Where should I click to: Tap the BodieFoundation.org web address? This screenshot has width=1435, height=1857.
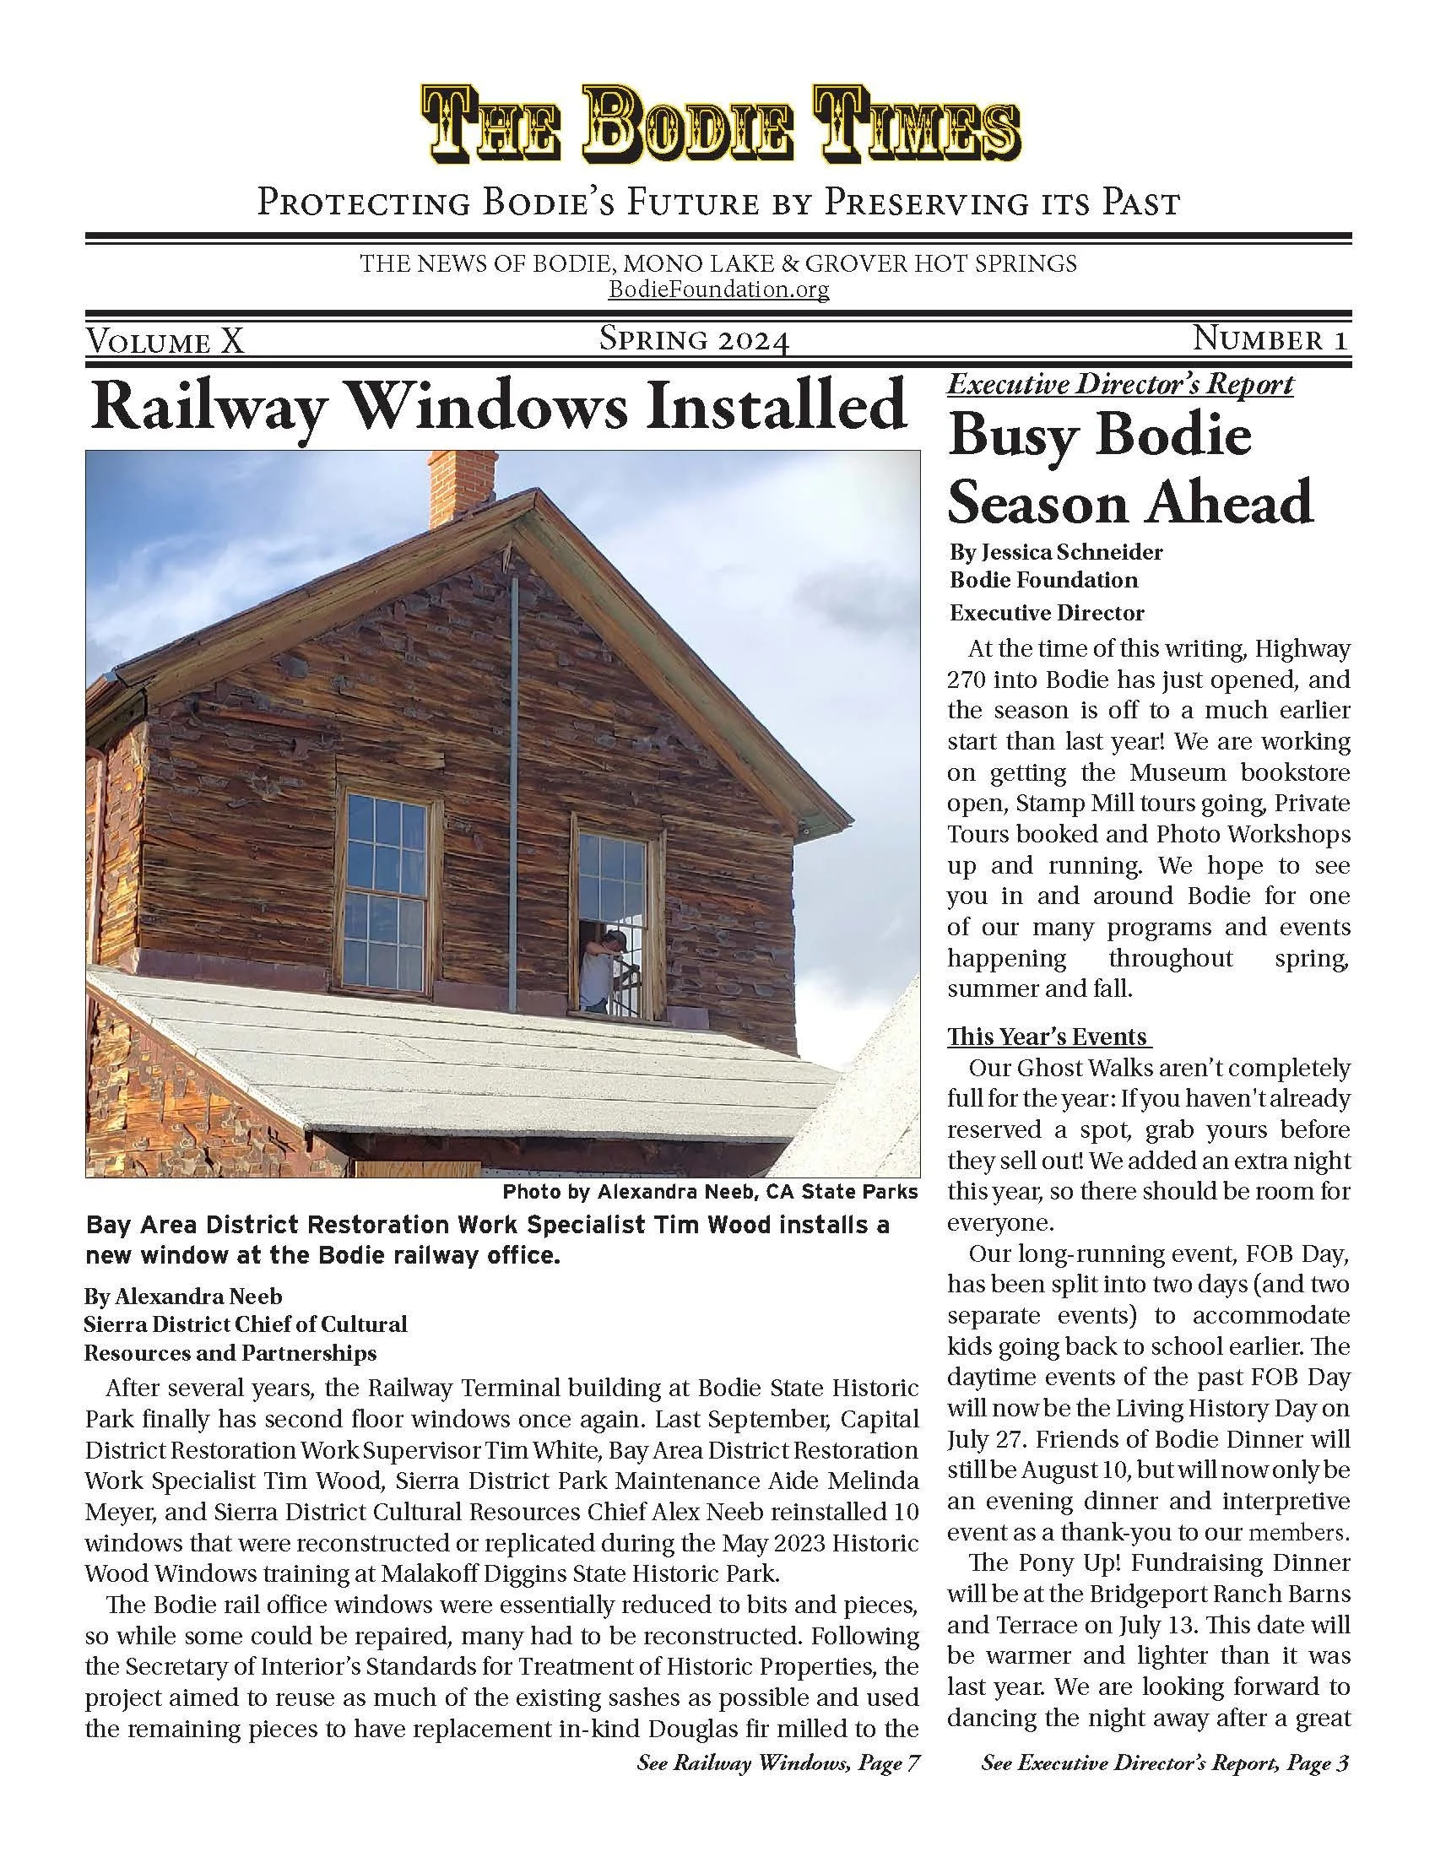click(x=718, y=290)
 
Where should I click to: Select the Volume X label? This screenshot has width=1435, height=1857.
click(x=165, y=341)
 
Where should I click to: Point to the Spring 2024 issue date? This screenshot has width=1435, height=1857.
click(x=695, y=340)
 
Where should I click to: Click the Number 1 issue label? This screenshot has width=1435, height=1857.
click(x=1270, y=339)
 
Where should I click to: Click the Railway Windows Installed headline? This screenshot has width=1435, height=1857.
click(x=498, y=407)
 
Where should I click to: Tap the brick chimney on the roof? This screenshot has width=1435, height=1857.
click(x=461, y=489)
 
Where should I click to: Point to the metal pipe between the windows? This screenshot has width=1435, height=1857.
click(x=514, y=791)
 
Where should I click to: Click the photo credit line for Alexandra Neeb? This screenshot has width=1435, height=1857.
click(x=710, y=1192)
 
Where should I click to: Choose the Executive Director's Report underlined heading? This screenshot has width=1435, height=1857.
click(x=1119, y=385)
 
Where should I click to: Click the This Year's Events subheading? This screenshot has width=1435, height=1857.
click(x=1048, y=1037)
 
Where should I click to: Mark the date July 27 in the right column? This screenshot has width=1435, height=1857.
click(x=974, y=1439)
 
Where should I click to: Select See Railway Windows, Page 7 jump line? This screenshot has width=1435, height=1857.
click(x=778, y=1763)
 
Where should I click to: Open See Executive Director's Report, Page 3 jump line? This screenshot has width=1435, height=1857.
click(x=1165, y=1763)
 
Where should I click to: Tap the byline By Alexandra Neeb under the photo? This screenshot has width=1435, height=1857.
click(x=183, y=1297)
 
